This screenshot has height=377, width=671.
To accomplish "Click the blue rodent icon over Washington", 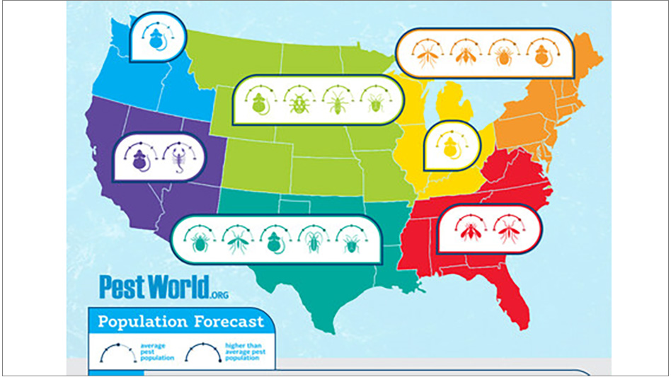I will tap(156, 42).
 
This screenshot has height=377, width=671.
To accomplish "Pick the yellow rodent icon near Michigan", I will tap(449, 146).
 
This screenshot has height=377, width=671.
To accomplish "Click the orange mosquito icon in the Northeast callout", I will tap(428, 55).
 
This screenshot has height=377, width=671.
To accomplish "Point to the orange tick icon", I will tap(503, 55).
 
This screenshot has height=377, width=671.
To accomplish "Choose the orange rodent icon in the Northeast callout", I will tap(541, 55).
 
